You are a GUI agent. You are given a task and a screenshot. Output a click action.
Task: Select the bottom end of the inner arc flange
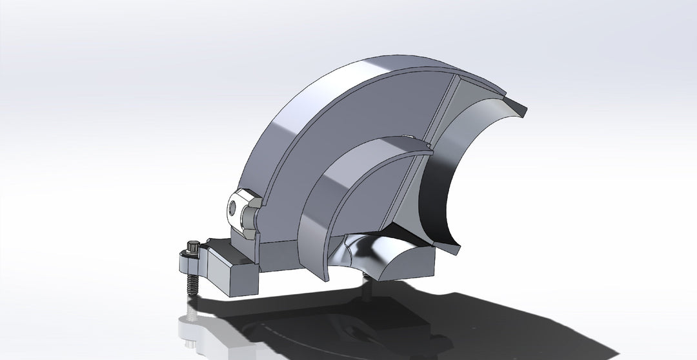(x=325, y=274)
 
